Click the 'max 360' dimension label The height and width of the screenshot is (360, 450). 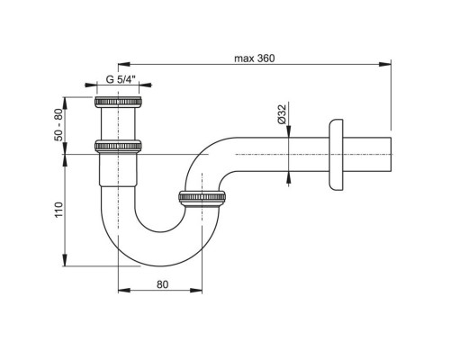point(254,58)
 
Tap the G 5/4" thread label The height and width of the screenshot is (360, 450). point(121,79)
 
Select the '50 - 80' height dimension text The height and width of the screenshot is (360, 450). point(59,124)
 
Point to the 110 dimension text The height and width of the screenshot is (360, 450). point(59,210)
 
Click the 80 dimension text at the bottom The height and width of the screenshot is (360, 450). point(162,284)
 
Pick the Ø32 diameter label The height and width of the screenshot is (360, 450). point(282,114)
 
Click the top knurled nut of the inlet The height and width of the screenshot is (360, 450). point(118,102)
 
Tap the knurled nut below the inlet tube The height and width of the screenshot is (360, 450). point(118,146)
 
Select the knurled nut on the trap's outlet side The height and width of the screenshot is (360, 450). point(202,196)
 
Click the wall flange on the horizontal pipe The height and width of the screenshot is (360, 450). point(336,155)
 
